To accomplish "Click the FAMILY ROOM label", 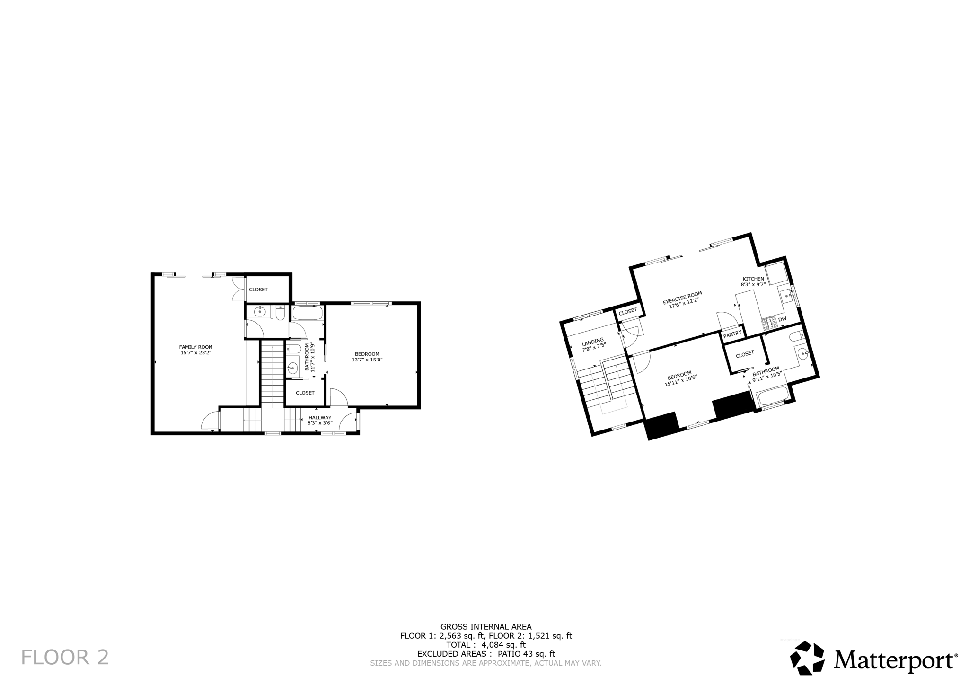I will coord(195,347).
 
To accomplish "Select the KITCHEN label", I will coord(753,279).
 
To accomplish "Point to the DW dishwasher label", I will coord(782,319).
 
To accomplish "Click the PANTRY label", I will coord(732,334).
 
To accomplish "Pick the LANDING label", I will coord(592,341).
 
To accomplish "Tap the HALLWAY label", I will coord(320,417).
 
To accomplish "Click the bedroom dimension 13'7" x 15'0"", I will coord(367,360).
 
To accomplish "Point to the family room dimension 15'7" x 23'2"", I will coord(195,353).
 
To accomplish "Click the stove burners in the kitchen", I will coord(769,323).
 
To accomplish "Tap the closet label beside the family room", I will coord(258,290).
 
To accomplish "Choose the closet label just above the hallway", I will coord(305,393).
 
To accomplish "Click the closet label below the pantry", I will coord(745,354).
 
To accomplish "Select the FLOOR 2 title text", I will coord(65,658).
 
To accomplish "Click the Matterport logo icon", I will coord(808,658).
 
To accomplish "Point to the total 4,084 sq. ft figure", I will coord(503,645).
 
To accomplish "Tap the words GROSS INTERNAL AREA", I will coord(486,627).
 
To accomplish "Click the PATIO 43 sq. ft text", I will coord(526,654).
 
